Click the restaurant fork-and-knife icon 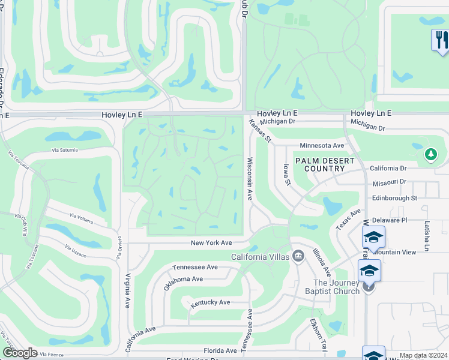pos(441,40)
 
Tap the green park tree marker pos(430,155)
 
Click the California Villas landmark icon pos(297,257)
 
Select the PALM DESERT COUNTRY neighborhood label pos(324,164)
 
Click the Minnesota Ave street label pos(322,145)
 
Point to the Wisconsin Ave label pos(250,179)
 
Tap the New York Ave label pos(211,243)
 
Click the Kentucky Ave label pos(210,303)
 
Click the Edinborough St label pos(393,197)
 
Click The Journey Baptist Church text pos(336,287)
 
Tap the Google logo pos(20,353)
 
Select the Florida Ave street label pos(220,350)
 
